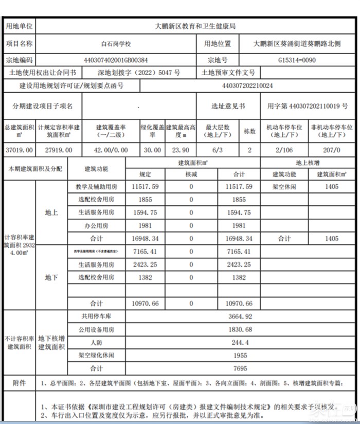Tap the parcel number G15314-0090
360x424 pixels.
pyautogui.click(x=297, y=60)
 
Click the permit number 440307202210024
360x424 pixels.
pyautogui.click(x=247, y=85)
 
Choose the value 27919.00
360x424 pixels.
pyautogui.click(x=56, y=150)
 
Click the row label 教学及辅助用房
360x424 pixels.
pyautogui.click(x=96, y=187)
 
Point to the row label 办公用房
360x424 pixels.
pyautogui.click(x=96, y=225)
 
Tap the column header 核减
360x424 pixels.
pyautogui.click(x=191, y=174)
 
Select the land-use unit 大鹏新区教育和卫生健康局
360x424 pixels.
pyautogui.click(x=195, y=25)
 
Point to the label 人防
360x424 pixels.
pyautogui.click(x=96, y=342)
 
